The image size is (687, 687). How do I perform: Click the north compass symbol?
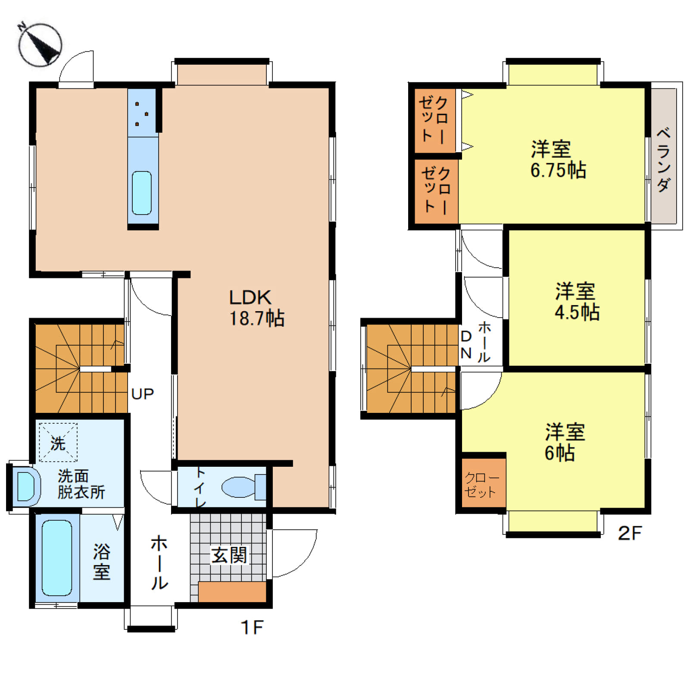[x=40, y=44]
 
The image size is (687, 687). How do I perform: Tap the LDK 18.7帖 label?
[x=256, y=308]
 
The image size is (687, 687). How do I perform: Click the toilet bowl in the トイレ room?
[x=244, y=487]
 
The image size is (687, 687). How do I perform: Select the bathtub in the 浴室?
[x=57, y=558]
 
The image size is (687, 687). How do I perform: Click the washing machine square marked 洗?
[x=58, y=443]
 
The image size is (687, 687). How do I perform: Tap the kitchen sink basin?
[x=142, y=193]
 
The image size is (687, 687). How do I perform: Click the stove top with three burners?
[x=142, y=113]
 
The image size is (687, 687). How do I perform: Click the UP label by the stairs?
[x=143, y=394]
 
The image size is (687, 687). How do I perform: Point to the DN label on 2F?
[x=466, y=344]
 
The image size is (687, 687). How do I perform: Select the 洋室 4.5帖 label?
[x=577, y=301]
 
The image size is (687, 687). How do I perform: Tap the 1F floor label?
[x=252, y=628]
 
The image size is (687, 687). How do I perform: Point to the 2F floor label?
[x=630, y=534]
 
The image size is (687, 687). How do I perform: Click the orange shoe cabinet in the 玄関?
[x=232, y=592]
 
